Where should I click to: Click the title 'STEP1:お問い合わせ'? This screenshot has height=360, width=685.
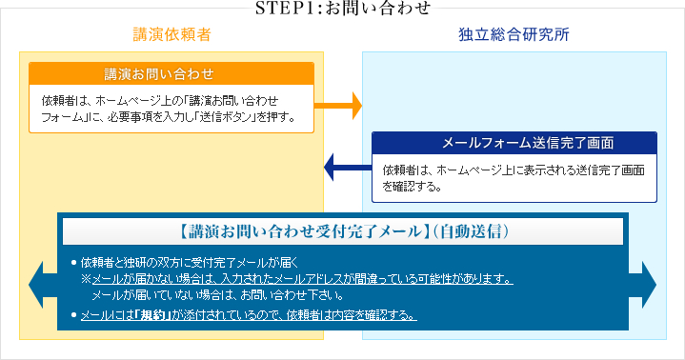(342, 9)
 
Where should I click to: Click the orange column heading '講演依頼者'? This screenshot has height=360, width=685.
(171, 35)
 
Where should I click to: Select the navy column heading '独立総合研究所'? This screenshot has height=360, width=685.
(514, 35)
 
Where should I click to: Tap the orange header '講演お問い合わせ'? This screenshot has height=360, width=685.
(171, 73)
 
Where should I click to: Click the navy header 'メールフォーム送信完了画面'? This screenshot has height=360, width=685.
(514, 143)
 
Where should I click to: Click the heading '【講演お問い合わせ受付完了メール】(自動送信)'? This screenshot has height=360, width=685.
(342, 231)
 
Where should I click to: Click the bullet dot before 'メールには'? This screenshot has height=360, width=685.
(72, 315)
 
